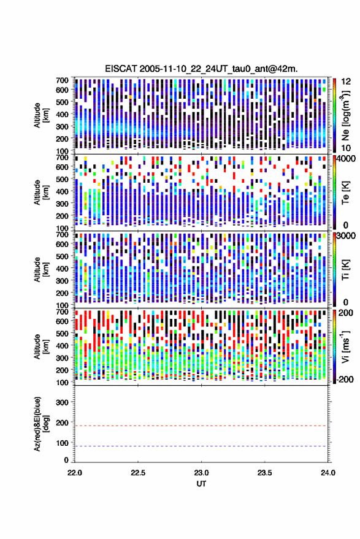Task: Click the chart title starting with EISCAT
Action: (201, 69)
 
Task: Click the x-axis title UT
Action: (201, 484)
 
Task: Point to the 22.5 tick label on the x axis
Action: (138, 473)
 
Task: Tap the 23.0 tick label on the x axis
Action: (201, 473)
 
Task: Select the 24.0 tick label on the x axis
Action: (327, 473)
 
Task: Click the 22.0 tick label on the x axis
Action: (75, 473)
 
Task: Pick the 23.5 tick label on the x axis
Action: (264, 473)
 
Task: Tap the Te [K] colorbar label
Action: (345, 193)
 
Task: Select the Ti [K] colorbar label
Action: (345, 270)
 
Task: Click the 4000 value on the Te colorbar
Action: (345, 159)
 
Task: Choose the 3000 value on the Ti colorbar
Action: (345, 236)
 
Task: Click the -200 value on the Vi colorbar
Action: (344, 380)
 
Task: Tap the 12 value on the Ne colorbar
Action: (346, 82)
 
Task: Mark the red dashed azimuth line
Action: (202, 426)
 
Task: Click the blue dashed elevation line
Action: (202, 446)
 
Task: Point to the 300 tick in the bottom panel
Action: (62, 402)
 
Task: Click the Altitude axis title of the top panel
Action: (41, 115)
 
